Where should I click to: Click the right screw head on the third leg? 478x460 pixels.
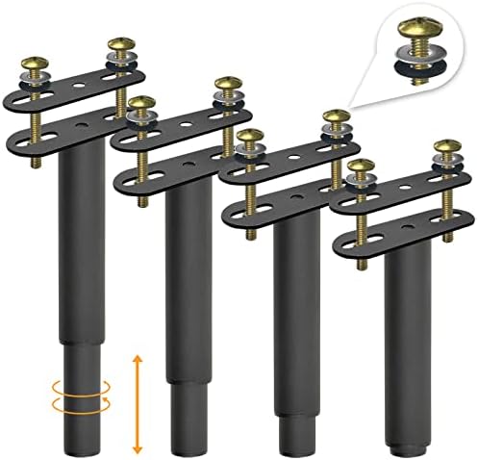click(x=335, y=117)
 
